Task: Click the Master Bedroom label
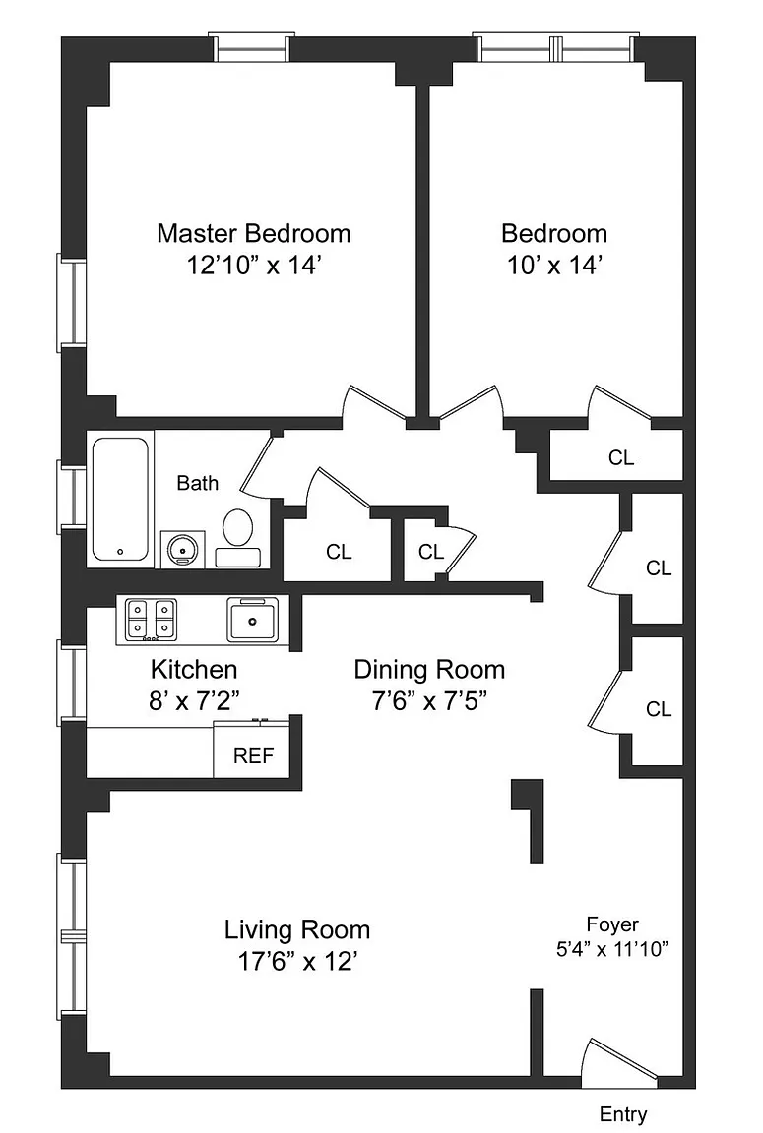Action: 254,233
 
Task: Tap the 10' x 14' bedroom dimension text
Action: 554,266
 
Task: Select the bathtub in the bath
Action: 120,500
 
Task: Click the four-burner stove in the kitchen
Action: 151,620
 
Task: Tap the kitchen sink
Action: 252,620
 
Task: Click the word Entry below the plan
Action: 622,1114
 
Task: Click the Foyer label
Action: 611,924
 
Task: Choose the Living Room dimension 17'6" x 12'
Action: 297,962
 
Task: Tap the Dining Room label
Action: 429,669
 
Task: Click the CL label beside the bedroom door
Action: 621,457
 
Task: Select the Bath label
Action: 198,483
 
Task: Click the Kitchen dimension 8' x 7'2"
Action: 194,700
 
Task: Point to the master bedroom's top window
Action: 251,47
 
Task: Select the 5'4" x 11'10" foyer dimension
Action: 611,949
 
